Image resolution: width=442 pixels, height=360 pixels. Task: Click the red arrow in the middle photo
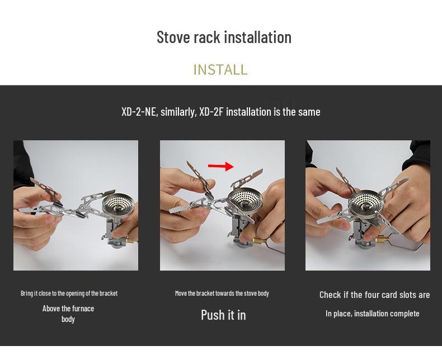point(220,166)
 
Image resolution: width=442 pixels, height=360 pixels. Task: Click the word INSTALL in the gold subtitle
point(220,69)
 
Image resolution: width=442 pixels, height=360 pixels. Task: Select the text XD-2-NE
point(138,112)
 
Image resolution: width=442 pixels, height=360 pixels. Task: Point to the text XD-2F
point(211,112)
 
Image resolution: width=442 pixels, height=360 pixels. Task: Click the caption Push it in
point(223,315)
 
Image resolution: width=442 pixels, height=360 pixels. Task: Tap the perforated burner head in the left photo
point(118,205)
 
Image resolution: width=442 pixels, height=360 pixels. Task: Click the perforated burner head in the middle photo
point(245,199)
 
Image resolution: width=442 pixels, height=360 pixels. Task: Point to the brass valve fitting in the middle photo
point(259,240)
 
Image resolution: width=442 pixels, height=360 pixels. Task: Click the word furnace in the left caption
point(83,309)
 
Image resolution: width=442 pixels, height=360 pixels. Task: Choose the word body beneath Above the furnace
point(68,319)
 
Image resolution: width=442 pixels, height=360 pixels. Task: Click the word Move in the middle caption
point(181,293)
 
